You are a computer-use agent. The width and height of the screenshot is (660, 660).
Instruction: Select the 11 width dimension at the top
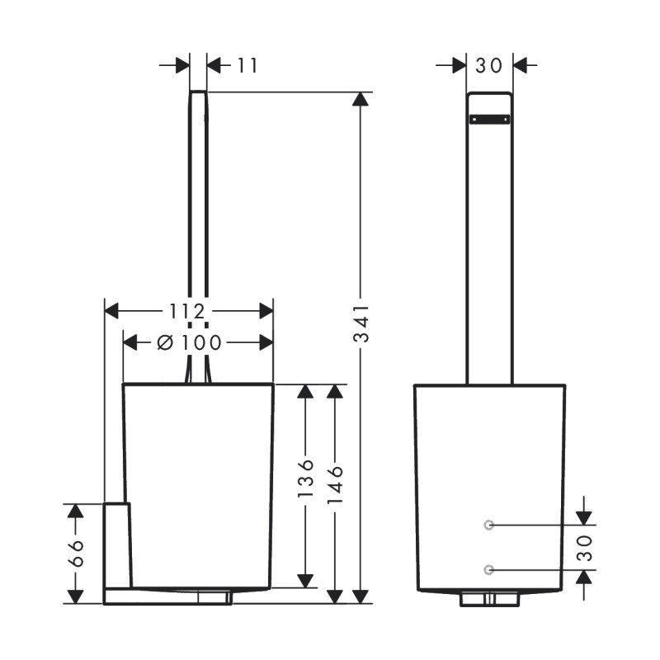(247, 65)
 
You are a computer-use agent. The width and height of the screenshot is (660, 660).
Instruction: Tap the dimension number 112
(187, 311)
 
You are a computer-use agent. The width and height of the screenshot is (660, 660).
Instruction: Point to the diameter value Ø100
(189, 342)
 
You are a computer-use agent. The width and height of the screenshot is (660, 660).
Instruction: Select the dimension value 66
(75, 554)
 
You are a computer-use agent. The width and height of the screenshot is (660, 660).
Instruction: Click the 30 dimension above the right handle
(489, 65)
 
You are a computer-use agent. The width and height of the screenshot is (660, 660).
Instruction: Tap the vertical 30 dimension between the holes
(585, 547)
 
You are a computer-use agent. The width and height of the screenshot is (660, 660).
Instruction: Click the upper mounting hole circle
(489, 524)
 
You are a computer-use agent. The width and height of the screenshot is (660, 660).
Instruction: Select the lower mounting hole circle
(489, 569)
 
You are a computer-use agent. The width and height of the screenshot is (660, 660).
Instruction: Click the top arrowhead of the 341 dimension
(360, 99)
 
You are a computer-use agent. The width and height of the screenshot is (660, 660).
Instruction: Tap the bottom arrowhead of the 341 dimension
(360, 596)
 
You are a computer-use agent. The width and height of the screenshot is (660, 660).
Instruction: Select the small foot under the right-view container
(489, 599)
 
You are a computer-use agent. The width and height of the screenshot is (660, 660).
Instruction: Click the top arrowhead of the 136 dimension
(306, 392)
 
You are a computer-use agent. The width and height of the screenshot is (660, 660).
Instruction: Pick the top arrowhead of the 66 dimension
(75, 511)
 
